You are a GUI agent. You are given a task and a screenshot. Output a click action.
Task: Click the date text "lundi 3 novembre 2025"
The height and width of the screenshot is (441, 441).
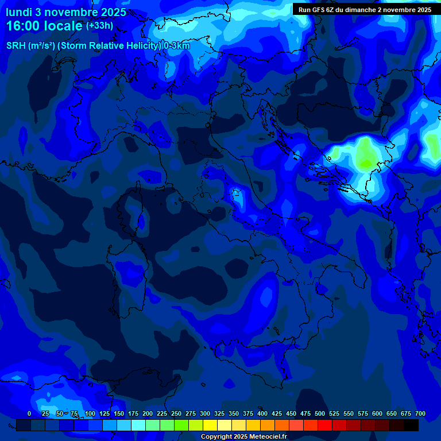[x=66, y=12]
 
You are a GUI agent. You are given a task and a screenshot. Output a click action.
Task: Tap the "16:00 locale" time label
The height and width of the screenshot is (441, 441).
[x=44, y=26]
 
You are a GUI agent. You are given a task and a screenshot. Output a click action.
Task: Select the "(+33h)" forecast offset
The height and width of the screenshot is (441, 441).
[x=99, y=25]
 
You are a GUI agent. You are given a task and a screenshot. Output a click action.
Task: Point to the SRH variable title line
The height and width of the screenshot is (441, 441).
[x=98, y=45]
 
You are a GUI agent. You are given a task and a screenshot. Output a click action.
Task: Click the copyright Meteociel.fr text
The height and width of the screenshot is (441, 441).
[x=243, y=436]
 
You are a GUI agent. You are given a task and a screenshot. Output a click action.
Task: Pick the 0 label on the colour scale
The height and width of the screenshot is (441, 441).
[x=29, y=413]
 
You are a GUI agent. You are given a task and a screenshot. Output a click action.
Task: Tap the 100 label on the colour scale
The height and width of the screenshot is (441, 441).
[x=90, y=413]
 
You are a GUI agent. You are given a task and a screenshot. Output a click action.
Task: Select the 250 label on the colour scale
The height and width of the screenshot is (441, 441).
[x=176, y=413]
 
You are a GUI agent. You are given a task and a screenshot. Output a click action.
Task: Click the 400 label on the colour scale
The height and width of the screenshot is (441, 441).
[x=262, y=413]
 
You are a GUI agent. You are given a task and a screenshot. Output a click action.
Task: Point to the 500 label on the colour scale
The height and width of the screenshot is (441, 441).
[x=320, y=413]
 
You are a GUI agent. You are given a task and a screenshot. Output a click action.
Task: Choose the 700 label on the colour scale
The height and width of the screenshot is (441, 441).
[x=420, y=413]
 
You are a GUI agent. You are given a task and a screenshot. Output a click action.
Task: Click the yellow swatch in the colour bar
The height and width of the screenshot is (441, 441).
[x=210, y=425]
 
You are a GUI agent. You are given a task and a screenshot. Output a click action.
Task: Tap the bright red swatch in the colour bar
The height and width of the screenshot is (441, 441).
[x=325, y=425]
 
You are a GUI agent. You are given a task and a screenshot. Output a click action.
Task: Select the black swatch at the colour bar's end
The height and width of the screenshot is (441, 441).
[x=411, y=425]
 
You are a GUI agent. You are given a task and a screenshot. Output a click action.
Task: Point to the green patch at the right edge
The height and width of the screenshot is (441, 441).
[x=432, y=141]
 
